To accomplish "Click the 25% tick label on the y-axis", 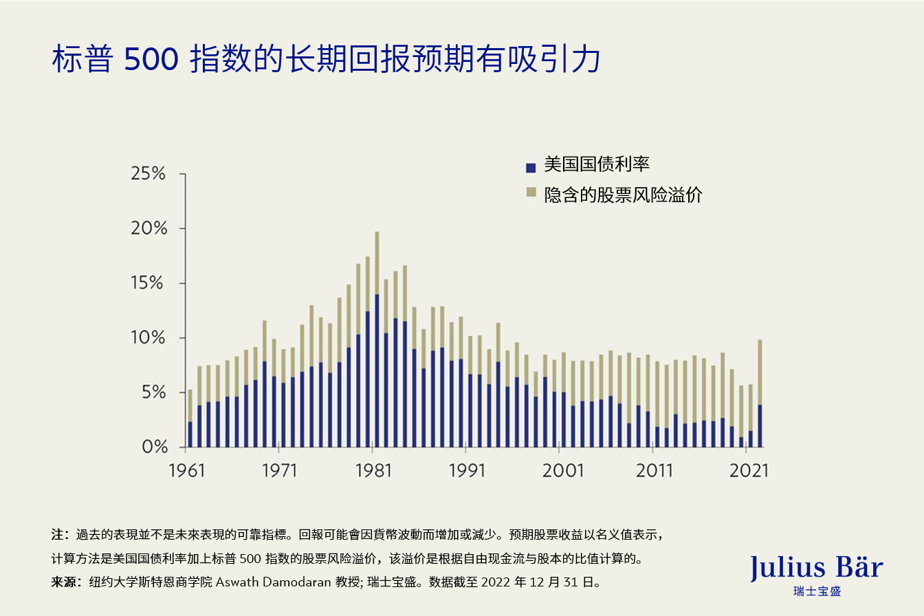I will click(148, 174).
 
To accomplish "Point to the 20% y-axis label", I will click(148, 229).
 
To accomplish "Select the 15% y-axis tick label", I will click(148, 283).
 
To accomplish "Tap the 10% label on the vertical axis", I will click(148, 338).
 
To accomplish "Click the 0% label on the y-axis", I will click(153, 448).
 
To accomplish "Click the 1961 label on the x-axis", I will click(186, 471).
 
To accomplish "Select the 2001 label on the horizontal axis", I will click(561, 471).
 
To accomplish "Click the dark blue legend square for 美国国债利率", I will click(530, 167).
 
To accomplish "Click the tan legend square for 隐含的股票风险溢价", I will click(530, 194).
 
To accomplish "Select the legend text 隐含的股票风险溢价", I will click(623, 195).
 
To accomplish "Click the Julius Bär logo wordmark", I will click(817, 568).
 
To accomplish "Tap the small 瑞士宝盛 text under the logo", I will click(817, 591).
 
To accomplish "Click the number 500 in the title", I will click(151, 60).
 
